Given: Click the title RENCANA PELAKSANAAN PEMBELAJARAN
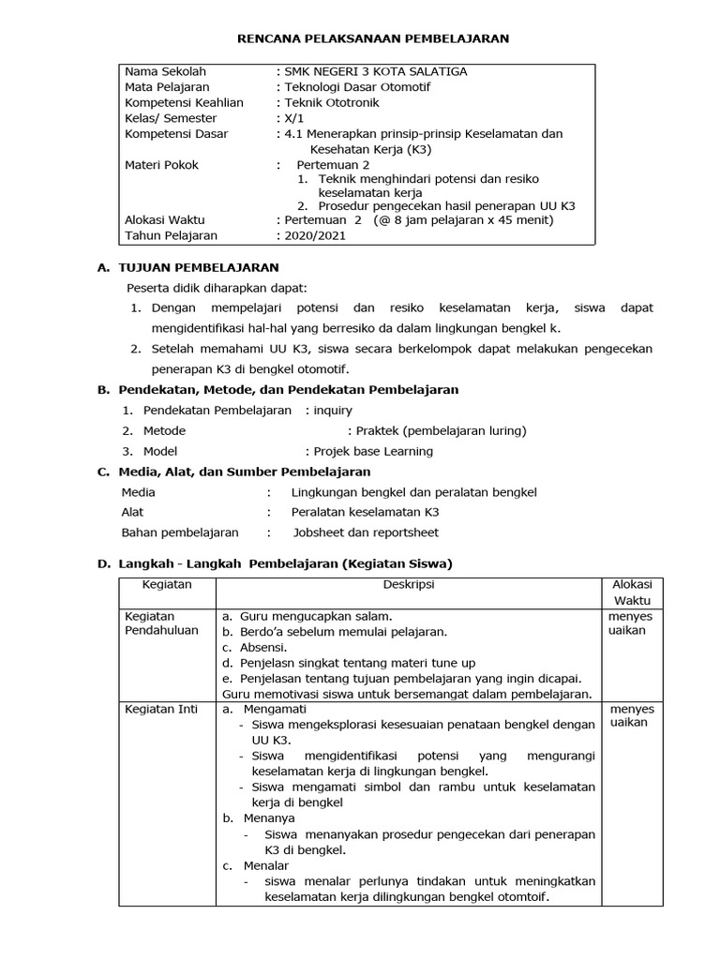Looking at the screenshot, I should [x=370, y=38].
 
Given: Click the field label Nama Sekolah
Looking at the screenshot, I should [x=165, y=71].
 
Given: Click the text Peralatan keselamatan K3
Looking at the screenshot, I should [x=365, y=512].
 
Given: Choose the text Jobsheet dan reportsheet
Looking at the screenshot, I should [x=366, y=532].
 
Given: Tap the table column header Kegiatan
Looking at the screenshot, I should [x=167, y=584].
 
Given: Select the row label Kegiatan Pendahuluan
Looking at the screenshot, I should [x=162, y=623].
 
